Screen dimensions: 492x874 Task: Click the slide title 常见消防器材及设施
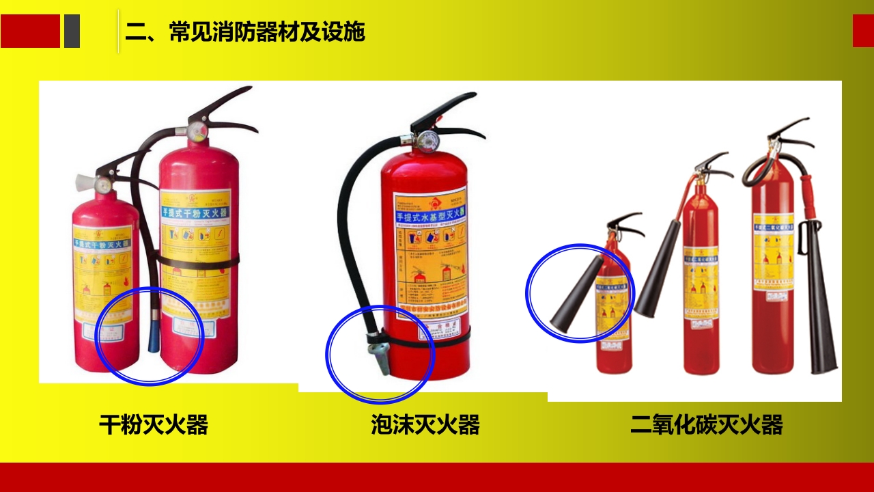244,31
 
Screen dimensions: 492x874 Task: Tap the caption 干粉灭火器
153,424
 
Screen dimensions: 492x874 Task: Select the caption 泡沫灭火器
425,424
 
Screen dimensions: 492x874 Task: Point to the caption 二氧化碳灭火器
706,424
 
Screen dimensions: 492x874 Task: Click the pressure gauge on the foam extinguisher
427,141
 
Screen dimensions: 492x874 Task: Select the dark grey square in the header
72,31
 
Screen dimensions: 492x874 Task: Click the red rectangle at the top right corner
863,31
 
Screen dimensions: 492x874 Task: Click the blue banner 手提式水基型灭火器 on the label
430,217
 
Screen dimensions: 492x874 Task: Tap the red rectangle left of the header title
30,31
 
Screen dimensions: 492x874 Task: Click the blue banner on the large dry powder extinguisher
195,213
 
